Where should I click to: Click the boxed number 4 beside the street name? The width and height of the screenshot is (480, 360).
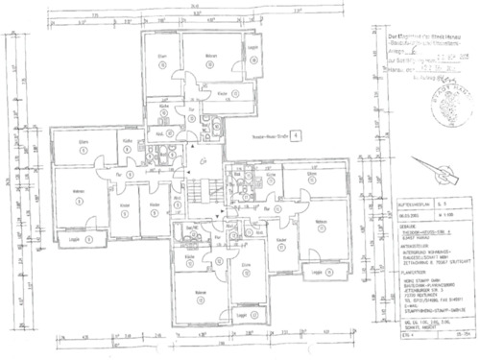(295, 137)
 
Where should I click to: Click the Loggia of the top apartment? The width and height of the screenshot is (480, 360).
(252, 49)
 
